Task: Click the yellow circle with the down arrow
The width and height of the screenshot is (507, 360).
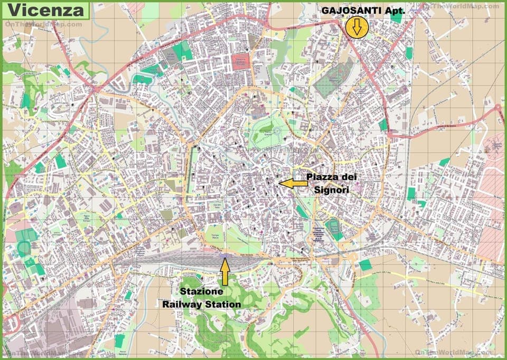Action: click(357, 27)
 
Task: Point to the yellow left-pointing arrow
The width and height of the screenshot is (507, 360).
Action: click(293, 183)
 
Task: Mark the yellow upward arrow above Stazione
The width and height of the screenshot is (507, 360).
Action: click(225, 272)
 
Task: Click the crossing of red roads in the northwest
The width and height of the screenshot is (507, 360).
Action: click(95, 90)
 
